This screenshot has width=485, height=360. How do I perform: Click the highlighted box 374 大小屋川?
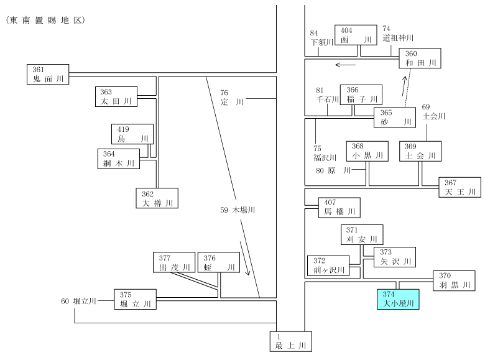point(398,299)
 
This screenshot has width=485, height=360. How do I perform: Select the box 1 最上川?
point(291,341)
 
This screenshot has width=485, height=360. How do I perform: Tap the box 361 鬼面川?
point(48,74)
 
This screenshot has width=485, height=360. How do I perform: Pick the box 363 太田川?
point(116,96)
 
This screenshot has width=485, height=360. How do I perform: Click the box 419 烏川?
point(132,134)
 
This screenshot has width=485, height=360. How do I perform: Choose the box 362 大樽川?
point(157,198)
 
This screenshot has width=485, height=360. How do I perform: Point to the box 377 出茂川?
point(174,262)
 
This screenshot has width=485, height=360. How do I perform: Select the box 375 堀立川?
point(135,300)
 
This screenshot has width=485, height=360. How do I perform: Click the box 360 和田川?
point(420,58)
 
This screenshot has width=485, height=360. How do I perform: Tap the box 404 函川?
point(356,35)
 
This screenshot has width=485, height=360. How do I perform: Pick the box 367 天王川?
point(460,187)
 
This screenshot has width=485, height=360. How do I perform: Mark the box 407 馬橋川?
point(339,208)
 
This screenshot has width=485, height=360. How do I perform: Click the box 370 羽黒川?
point(454,281)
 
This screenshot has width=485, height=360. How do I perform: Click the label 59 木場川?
point(238,210)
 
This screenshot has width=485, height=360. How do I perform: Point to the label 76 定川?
point(232,98)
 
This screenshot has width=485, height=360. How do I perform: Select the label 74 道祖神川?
point(398,34)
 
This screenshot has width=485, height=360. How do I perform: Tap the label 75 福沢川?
point(325,153)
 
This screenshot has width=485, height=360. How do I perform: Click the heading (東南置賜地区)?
point(45,21)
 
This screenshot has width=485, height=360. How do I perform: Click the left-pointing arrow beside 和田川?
point(346,65)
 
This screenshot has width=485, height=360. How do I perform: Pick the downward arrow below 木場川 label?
point(244,259)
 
